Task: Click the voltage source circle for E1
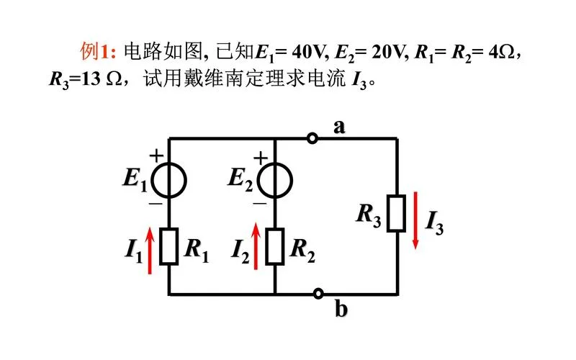click(x=151, y=181)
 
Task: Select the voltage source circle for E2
click(x=257, y=181)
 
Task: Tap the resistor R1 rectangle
click(x=169, y=246)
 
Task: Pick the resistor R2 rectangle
click(x=275, y=246)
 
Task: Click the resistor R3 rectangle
click(x=397, y=213)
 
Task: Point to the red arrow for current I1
click(x=150, y=250)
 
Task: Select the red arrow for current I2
click(x=256, y=246)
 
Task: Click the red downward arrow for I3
click(x=416, y=220)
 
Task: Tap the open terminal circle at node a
click(x=312, y=138)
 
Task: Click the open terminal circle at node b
click(x=318, y=294)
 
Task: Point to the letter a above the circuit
click(x=339, y=127)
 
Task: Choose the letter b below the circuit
click(x=341, y=308)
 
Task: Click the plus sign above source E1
click(x=156, y=156)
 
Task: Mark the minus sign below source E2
click(x=259, y=203)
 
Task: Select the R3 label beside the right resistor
click(x=369, y=215)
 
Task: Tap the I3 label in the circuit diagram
click(x=435, y=222)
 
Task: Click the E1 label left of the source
click(x=135, y=180)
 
